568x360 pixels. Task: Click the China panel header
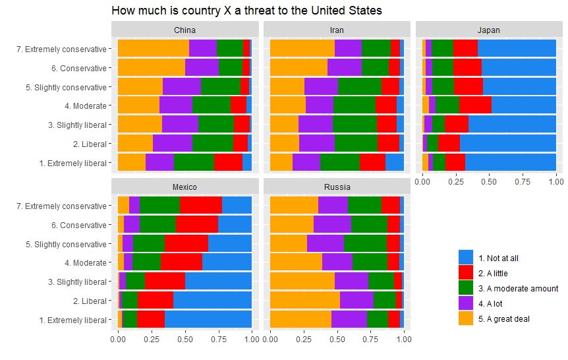185,30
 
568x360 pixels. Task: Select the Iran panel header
337,30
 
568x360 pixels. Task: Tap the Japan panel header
489,30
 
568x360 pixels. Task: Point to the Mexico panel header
185,187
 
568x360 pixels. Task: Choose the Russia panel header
337,187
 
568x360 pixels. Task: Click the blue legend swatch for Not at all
466,258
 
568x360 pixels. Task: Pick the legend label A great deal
504,319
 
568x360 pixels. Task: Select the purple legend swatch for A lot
466,303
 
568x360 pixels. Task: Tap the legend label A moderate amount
519,289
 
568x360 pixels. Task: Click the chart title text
246,11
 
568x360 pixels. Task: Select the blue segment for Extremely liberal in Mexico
208,319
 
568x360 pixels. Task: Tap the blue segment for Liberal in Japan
507,143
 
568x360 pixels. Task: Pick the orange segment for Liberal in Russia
304,300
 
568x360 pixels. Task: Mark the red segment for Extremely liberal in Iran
372,162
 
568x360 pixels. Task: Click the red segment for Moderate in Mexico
181,262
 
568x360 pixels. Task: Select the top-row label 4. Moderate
85,105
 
